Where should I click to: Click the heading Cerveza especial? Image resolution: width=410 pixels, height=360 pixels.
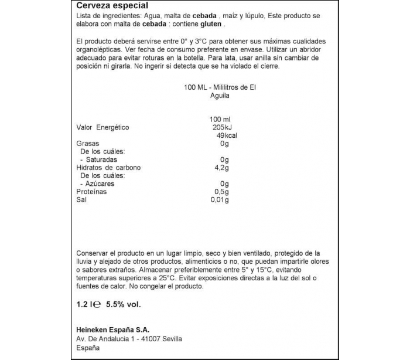pyautogui.click(x=108, y=6)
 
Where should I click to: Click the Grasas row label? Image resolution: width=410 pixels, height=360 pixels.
pyautogui.click(x=88, y=144)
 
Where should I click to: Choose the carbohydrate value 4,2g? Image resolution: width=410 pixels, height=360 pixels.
pyautogui.click(x=219, y=168)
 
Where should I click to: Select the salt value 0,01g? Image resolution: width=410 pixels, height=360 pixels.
pyautogui.click(x=220, y=200)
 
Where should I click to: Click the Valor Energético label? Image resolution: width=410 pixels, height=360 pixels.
pyautogui.click(x=102, y=128)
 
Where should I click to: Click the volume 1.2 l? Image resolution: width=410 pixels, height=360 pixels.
pyautogui.click(x=85, y=304)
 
